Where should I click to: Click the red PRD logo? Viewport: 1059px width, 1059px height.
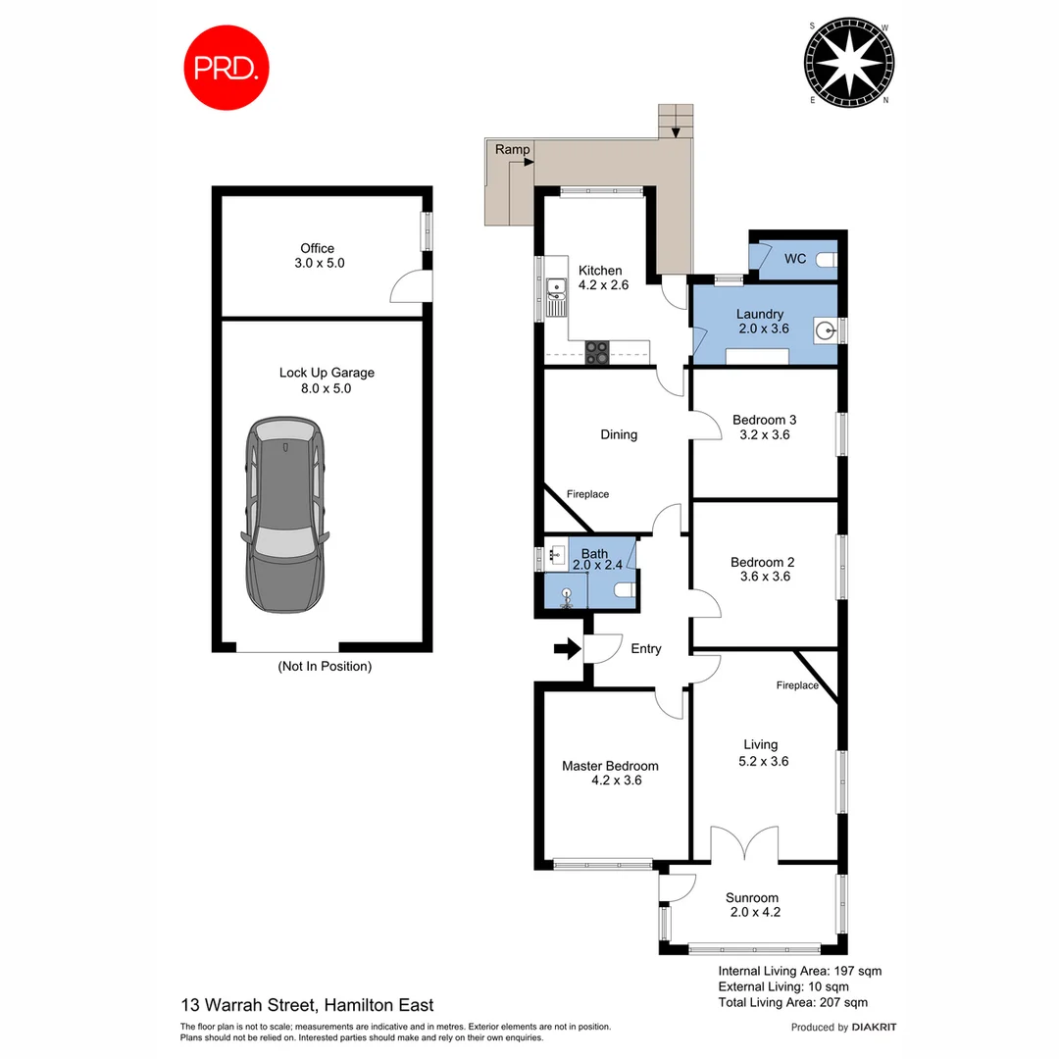[x=227, y=68]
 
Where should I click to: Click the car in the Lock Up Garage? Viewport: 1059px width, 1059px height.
[x=284, y=514]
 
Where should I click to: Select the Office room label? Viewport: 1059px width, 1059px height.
[x=317, y=248]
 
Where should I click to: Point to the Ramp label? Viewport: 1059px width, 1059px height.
[x=512, y=149]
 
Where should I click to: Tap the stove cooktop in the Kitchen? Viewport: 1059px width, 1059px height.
[x=597, y=353]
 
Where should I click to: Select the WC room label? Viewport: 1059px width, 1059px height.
[x=795, y=259]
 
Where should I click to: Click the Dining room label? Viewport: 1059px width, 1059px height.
[x=619, y=434]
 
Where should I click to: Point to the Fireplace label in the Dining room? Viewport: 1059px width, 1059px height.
[x=587, y=494]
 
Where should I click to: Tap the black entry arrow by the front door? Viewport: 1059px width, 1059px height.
[x=565, y=648]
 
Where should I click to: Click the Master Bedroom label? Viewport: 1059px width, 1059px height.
[x=610, y=766]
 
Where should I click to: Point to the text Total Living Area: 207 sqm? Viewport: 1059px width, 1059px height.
[x=792, y=1002]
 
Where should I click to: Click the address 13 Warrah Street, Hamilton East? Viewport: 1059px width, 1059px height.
[x=307, y=1004]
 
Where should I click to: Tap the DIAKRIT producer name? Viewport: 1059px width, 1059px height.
[x=875, y=1028]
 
